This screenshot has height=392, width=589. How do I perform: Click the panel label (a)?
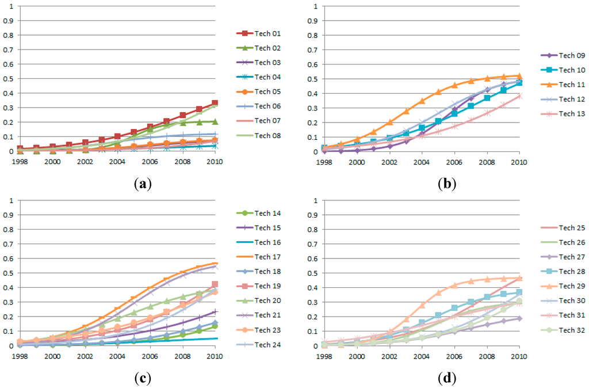tap(142, 184)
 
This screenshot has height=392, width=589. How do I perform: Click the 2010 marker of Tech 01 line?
tap(215, 103)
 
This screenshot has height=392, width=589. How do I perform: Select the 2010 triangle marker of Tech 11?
tap(519, 75)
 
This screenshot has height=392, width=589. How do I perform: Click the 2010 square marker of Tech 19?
tap(215, 284)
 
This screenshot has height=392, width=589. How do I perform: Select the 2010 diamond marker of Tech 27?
tap(519, 318)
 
